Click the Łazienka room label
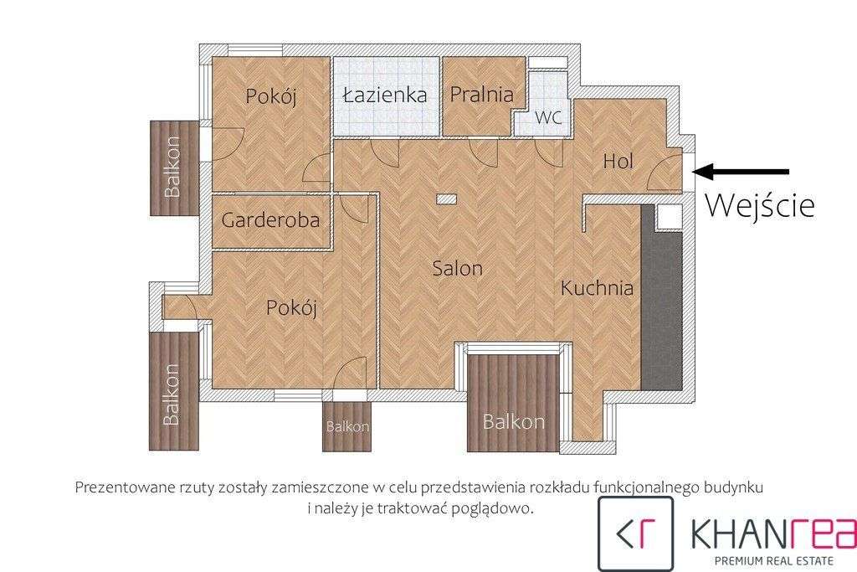[385, 95]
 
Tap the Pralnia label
[481, 94]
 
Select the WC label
[548, 118]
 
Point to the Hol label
[618, 161]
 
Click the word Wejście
[759, 205]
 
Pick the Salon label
[457, 269]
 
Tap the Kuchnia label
[597, 289]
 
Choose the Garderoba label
[270, 221]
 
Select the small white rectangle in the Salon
[447, 199]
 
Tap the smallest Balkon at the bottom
[347, 426]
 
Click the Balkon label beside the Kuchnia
[514, 422]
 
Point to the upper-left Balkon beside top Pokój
[172, 167]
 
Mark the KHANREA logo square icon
[635, 533]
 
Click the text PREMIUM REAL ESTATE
[771, 559]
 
